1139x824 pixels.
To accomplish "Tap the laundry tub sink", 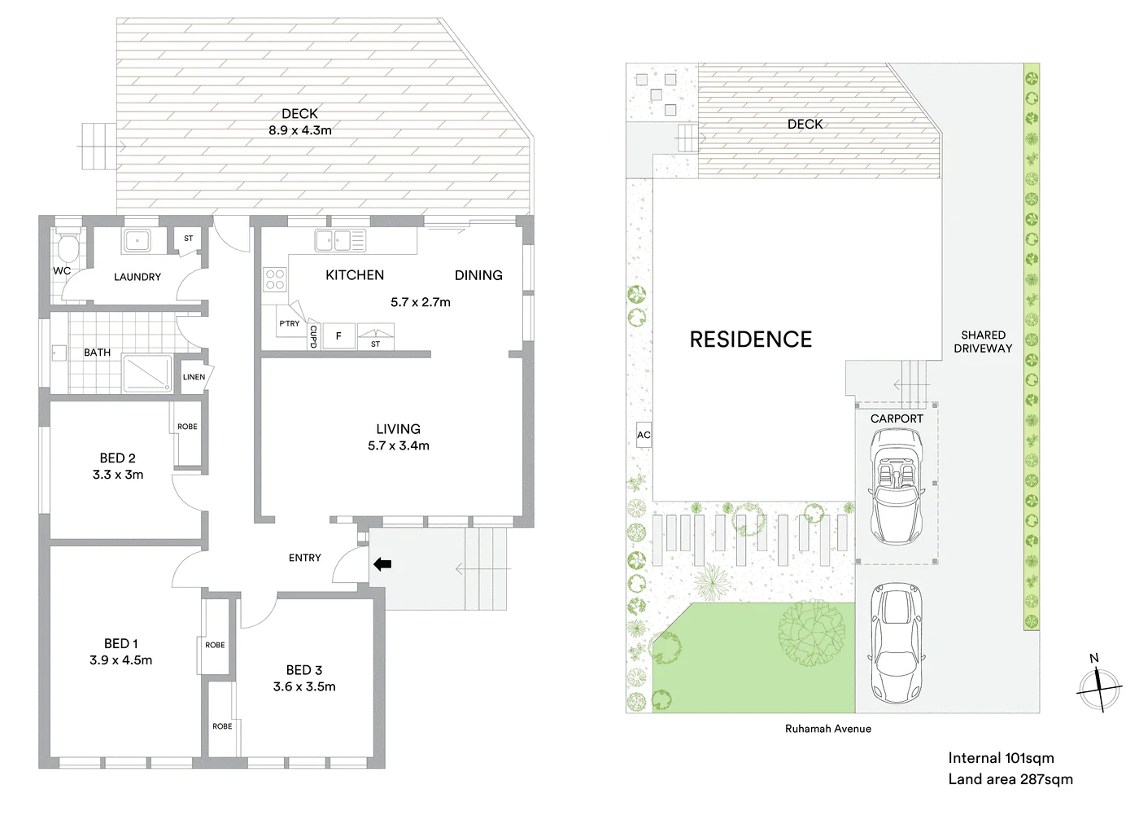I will coord(137,240).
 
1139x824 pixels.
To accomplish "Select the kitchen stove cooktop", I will coord(275,279).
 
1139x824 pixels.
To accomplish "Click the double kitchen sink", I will coord(340,240).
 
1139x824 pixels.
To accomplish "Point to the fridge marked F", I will coord(338,335).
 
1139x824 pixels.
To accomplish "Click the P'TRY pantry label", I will coord(289,323).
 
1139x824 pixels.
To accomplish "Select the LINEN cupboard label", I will coord(194,377).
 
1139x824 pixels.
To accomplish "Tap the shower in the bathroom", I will coord(147,373).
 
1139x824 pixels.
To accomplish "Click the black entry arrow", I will coord(382,563).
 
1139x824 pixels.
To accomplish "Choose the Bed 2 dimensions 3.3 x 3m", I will coord(118,475).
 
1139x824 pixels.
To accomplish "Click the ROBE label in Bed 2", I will coord(187,427).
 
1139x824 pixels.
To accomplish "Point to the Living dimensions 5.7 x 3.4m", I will coord(398,445).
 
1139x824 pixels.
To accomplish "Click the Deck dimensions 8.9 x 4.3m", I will coord(299,130).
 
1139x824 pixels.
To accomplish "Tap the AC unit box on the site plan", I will coord(644,435).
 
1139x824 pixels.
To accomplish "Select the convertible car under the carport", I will coord(896,486).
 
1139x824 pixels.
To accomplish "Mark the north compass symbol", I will coord(1098,688).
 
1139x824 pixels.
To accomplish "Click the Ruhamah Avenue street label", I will coord(827,729).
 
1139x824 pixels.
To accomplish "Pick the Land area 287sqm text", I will coord(1010,779).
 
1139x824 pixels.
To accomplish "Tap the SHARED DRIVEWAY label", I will coord(983,341).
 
